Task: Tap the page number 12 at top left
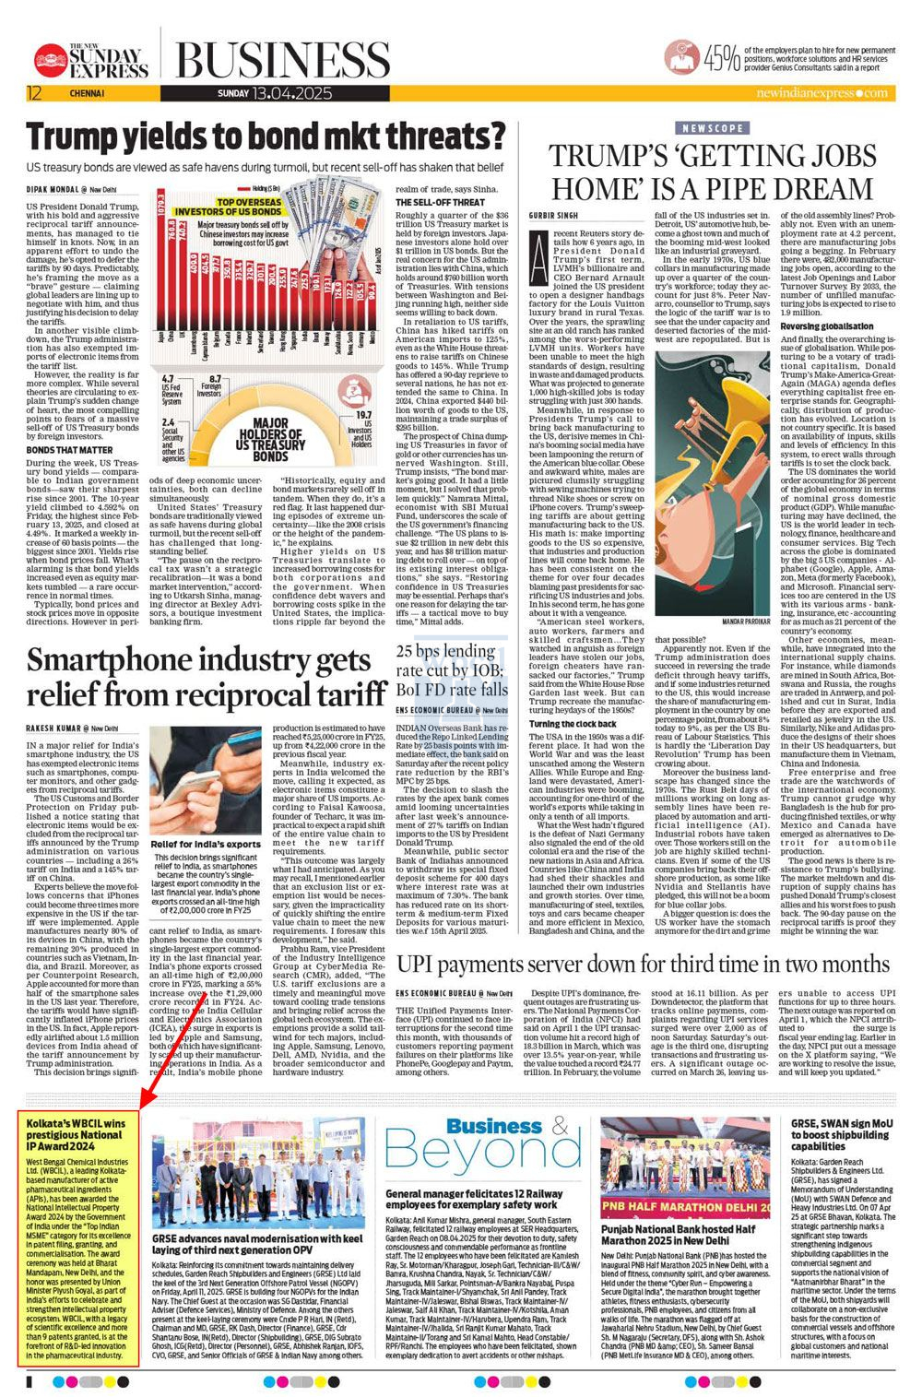point(34,93)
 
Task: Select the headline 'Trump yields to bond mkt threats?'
point(266,136)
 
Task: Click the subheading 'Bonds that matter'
point(63,450)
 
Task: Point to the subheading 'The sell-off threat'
point(441,202)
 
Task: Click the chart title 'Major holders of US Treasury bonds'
point(270,442)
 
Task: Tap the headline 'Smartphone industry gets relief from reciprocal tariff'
point(206,677)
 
